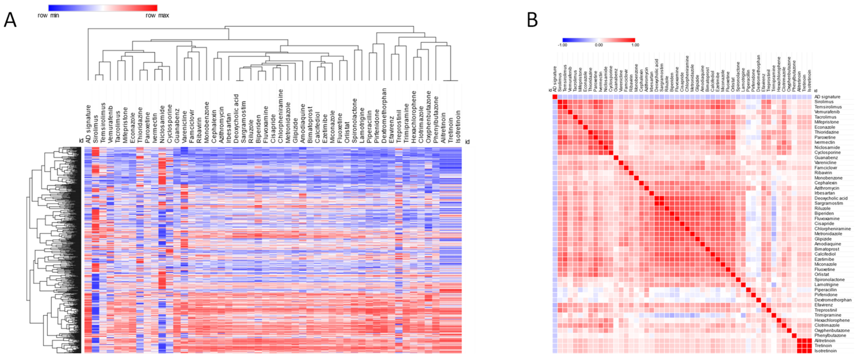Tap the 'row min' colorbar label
[x=48, y=15]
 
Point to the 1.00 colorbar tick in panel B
[x=635, y=45]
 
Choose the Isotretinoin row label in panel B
[x=825, y=351]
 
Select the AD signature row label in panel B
[x=827, y=97]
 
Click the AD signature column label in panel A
[x=88, y=124]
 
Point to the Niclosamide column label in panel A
[x=162, y=124]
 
